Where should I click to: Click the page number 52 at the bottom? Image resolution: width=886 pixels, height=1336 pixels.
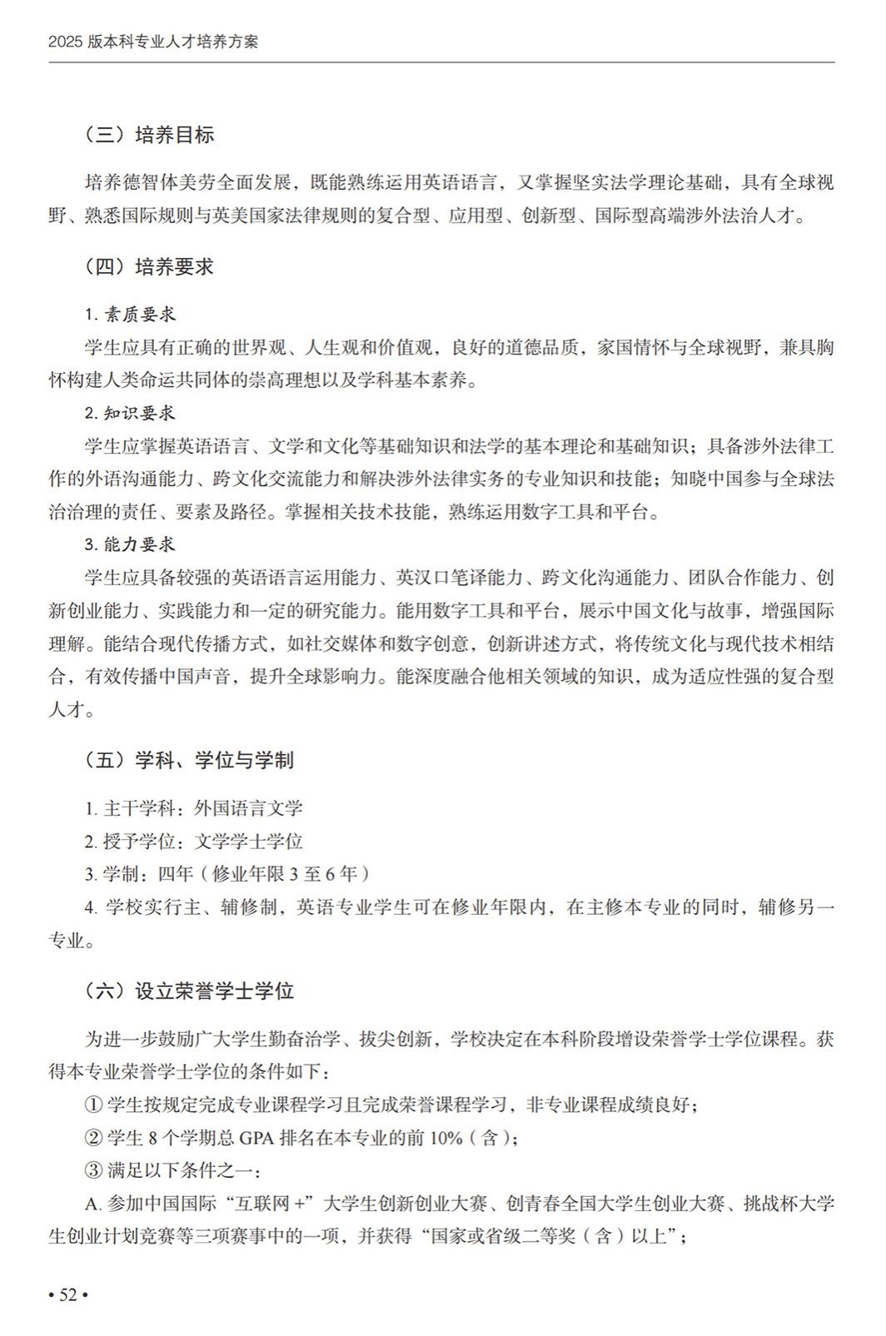click(x=68, y=1294)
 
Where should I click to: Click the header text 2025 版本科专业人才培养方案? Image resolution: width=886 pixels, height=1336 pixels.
click(x=153, y=42)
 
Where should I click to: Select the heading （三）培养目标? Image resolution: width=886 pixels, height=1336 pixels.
click(x=149, y=135)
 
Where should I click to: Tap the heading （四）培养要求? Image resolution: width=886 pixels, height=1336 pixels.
click(x=149, y=266)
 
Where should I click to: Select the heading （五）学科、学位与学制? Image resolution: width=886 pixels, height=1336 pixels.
click(x=189, y=760)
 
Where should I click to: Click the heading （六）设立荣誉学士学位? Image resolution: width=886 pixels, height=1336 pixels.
click(x=189, y=991)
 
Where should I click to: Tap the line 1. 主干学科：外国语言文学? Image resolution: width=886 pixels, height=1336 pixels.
click(x=193, y=808)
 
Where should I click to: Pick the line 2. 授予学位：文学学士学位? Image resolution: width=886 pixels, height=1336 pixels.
click(x=193, y=842)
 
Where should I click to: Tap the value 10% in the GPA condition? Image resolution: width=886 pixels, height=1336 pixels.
click(x=445, y=1138)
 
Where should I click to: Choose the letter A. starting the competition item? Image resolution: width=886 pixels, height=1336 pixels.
click(x=92, y=1204)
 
